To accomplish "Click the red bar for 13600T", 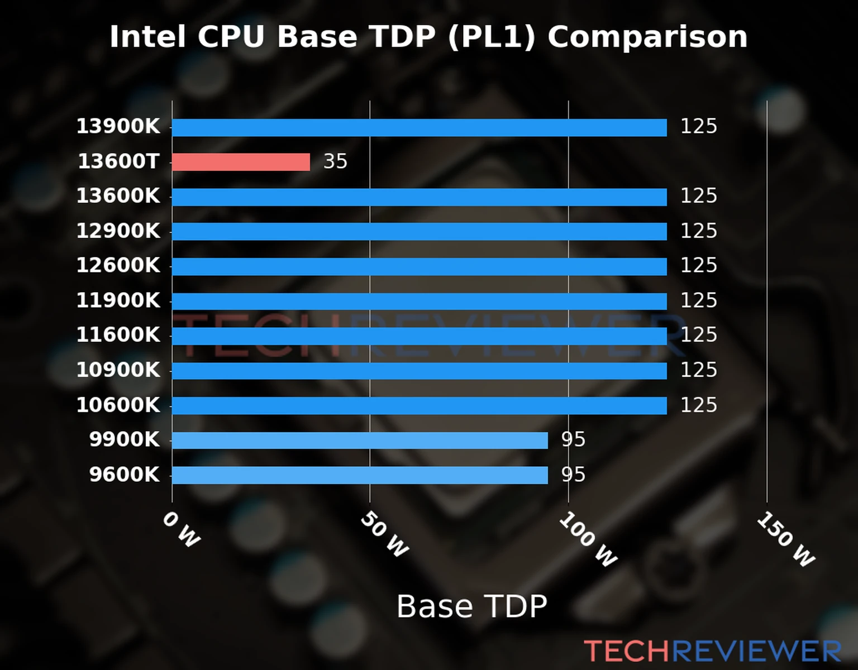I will [241, 162].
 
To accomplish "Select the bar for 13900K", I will [419, 127].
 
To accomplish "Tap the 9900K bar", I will [360, 441].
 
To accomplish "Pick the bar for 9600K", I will [360, 475].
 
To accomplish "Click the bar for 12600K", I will [419, 266].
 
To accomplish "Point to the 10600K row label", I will [118, 405].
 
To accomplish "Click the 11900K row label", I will [118, 300].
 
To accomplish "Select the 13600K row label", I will [118, 196].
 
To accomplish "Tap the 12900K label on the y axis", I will [118, 231].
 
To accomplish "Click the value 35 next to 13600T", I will [335, 161].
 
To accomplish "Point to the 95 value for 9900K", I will [573, 440].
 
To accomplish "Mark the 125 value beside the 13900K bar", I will [698, 126].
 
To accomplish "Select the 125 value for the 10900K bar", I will [698, 370].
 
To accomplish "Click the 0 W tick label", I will [182, 530].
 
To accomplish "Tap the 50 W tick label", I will [384, 535].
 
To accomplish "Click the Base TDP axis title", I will [471, 606].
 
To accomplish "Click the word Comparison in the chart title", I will [647, 37].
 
